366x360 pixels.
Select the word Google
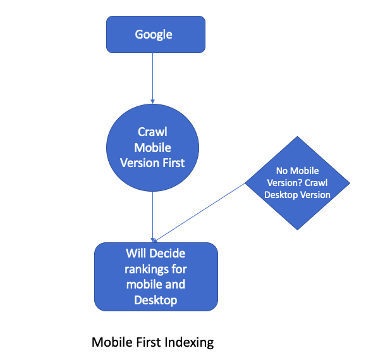click(154, 34)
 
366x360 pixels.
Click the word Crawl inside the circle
click(152, 132)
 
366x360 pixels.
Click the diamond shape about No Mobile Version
click(296, 183)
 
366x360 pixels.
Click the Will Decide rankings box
click(156, 277)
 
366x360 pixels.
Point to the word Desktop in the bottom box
click(156, 300)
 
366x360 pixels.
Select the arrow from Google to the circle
click(152, 76)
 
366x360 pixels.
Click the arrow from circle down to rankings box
click(152, 215)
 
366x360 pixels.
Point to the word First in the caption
click(145, 343)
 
